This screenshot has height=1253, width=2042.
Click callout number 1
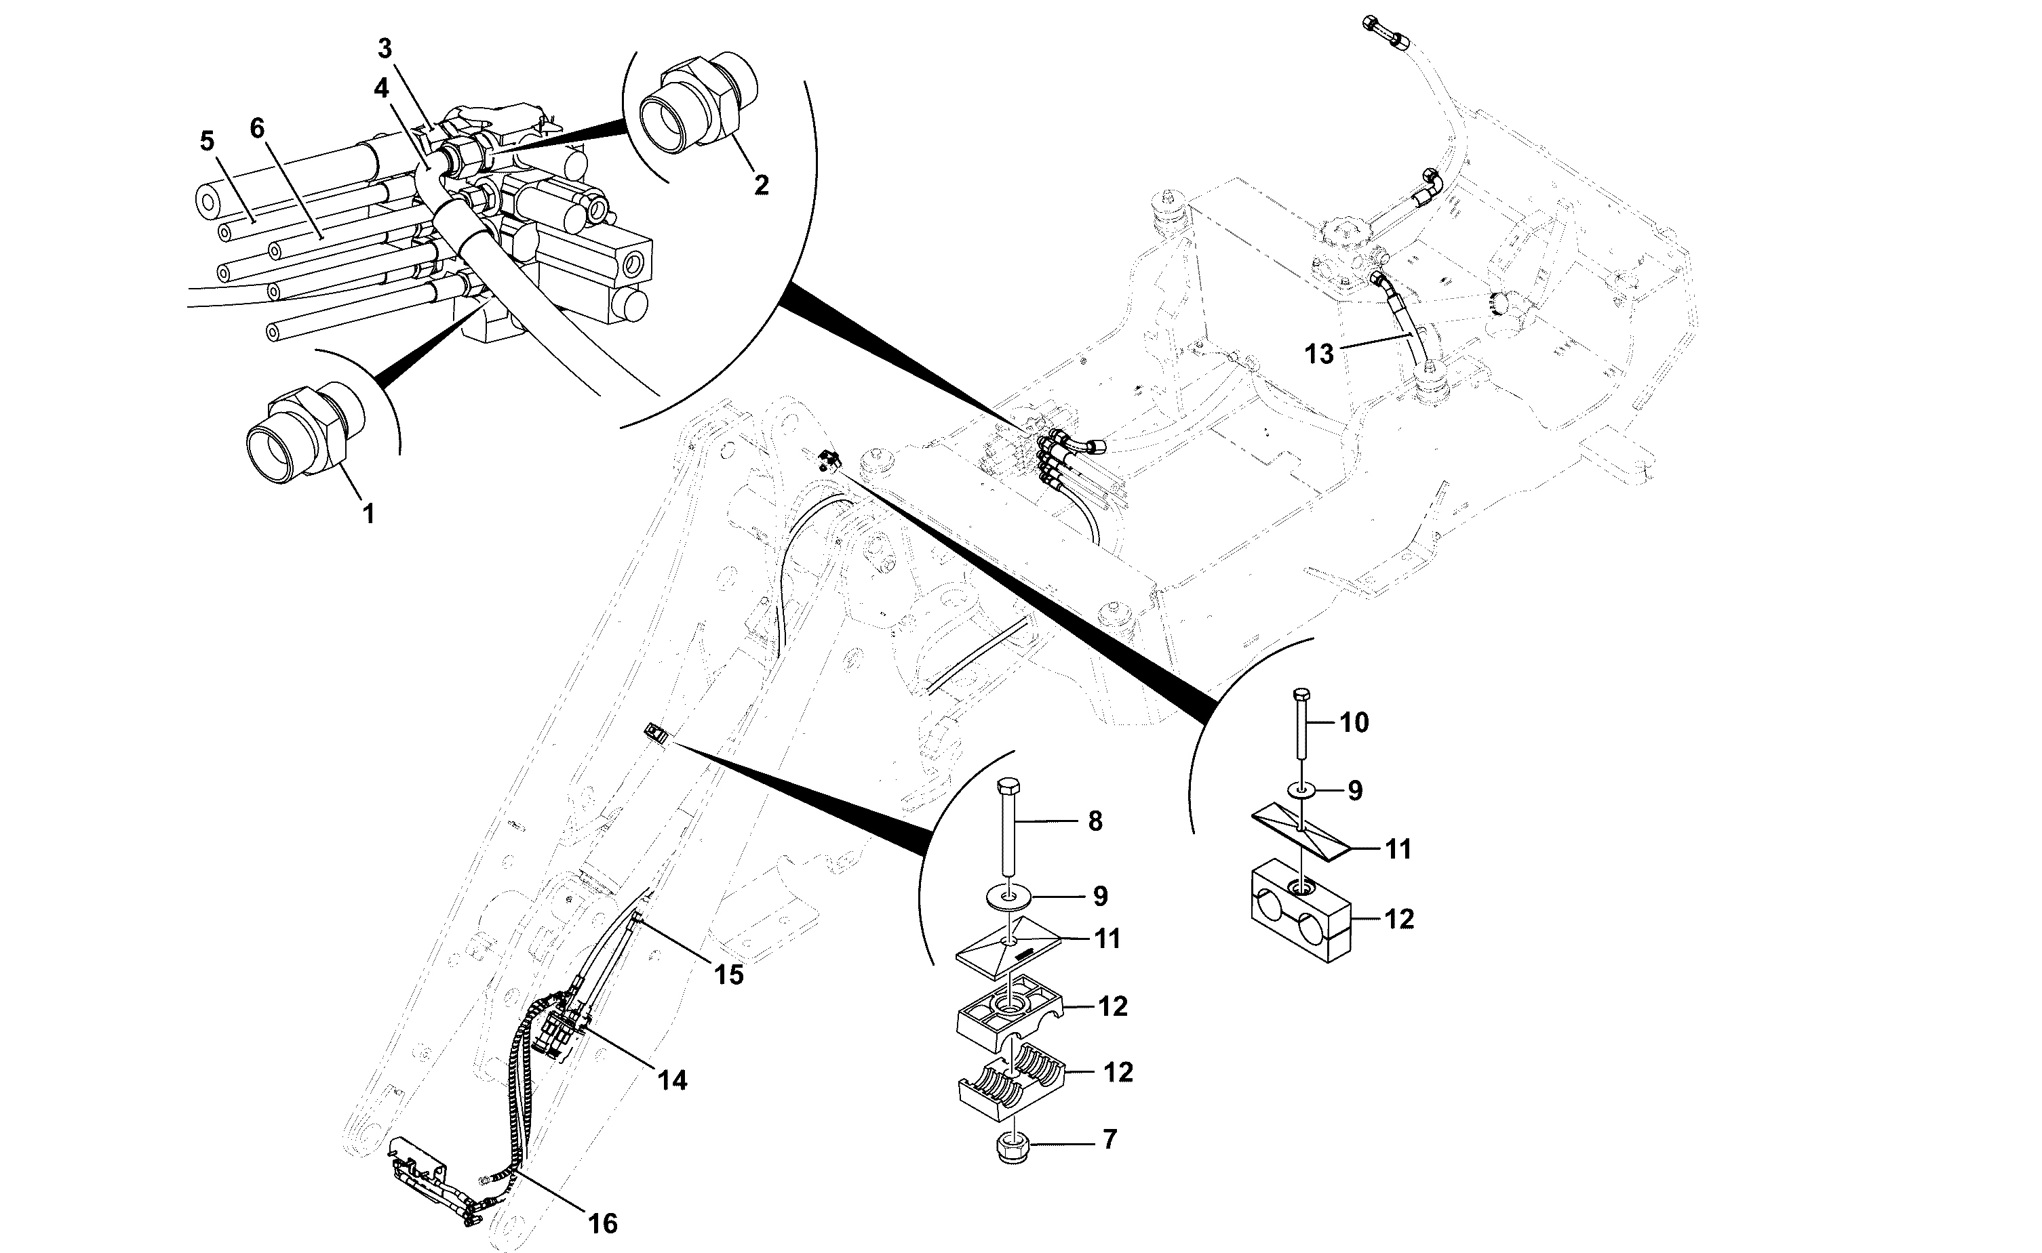pos(369,514)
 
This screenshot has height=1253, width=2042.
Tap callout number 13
pos(1319,354)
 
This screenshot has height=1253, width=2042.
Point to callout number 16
pos(603,1223)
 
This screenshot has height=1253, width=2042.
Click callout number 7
pos(1110,1138)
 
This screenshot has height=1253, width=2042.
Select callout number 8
pos(1095,821)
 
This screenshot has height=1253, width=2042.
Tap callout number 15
pos(729,974)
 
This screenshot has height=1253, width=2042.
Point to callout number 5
pos(206,141)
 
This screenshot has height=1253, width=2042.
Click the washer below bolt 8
pos(1009,896)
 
